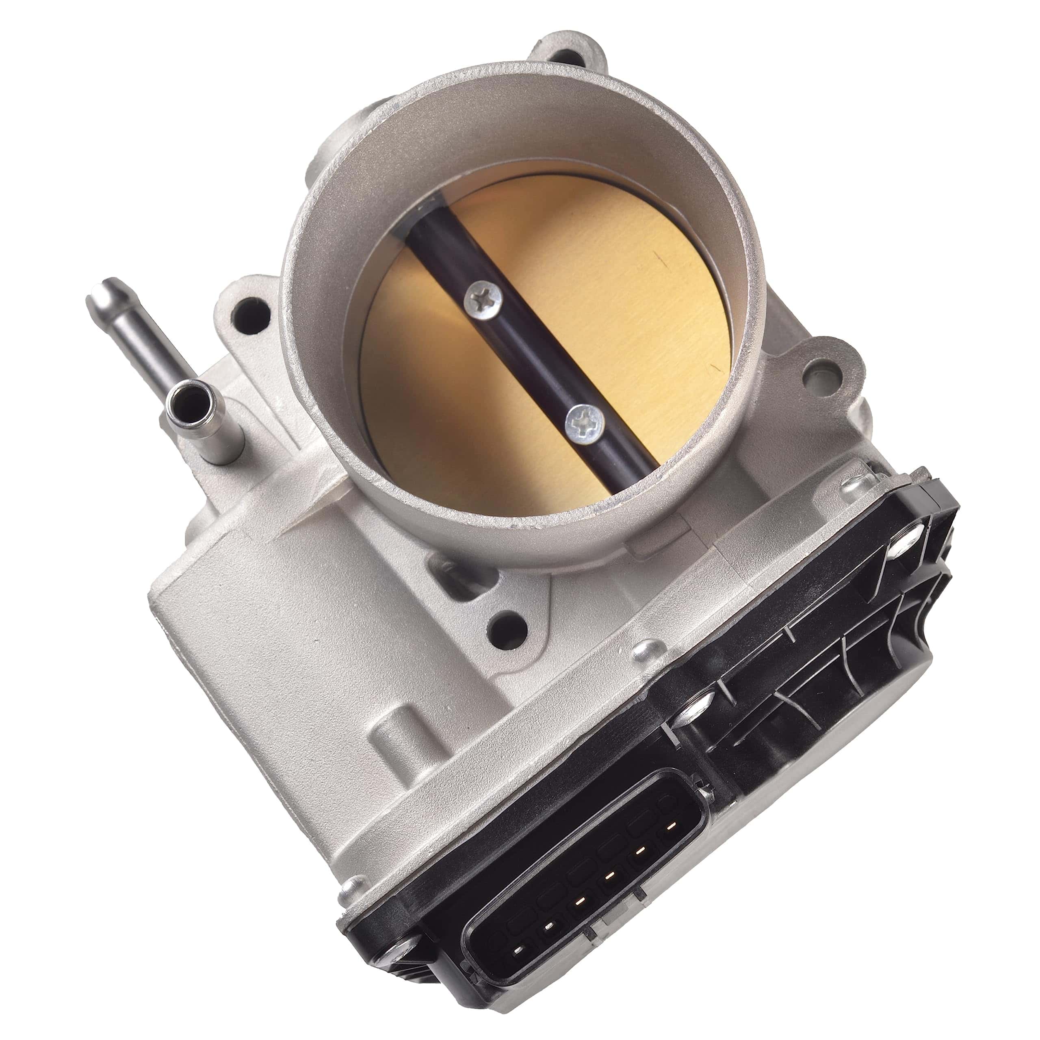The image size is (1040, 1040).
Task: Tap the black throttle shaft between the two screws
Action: click(x=533, y=355)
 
